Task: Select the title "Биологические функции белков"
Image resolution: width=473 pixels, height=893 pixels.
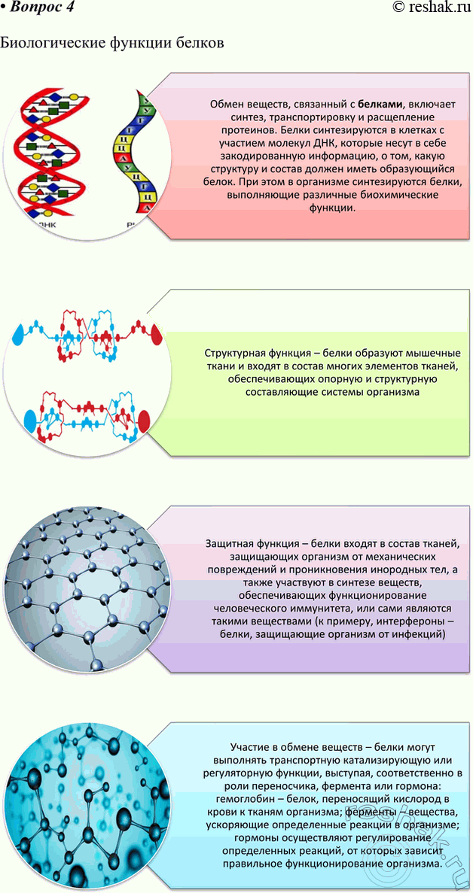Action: point(112,43)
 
